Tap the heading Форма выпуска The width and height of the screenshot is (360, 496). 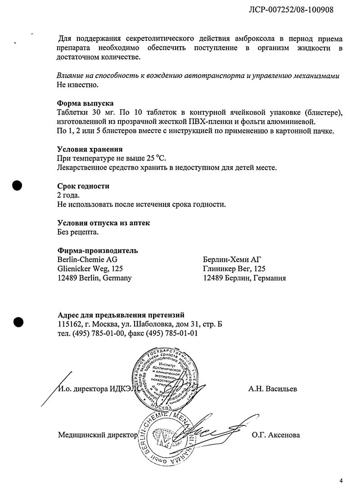click(85, 103)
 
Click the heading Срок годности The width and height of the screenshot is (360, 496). click(83, 186)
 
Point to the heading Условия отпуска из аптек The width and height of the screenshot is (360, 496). click(103, 223)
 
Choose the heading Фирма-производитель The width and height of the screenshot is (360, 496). click(98, 250)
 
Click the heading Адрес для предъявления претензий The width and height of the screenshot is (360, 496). click(121, 315)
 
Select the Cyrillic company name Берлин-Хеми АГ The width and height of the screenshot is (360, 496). click(232, 259)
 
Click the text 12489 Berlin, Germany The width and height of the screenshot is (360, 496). click(94, 278)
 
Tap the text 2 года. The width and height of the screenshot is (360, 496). click(68, 195)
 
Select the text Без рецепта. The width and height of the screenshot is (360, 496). click(77, 232)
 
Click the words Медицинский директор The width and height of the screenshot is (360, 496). click(97, 435)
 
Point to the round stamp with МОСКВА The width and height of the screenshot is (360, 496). click(166, 378)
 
